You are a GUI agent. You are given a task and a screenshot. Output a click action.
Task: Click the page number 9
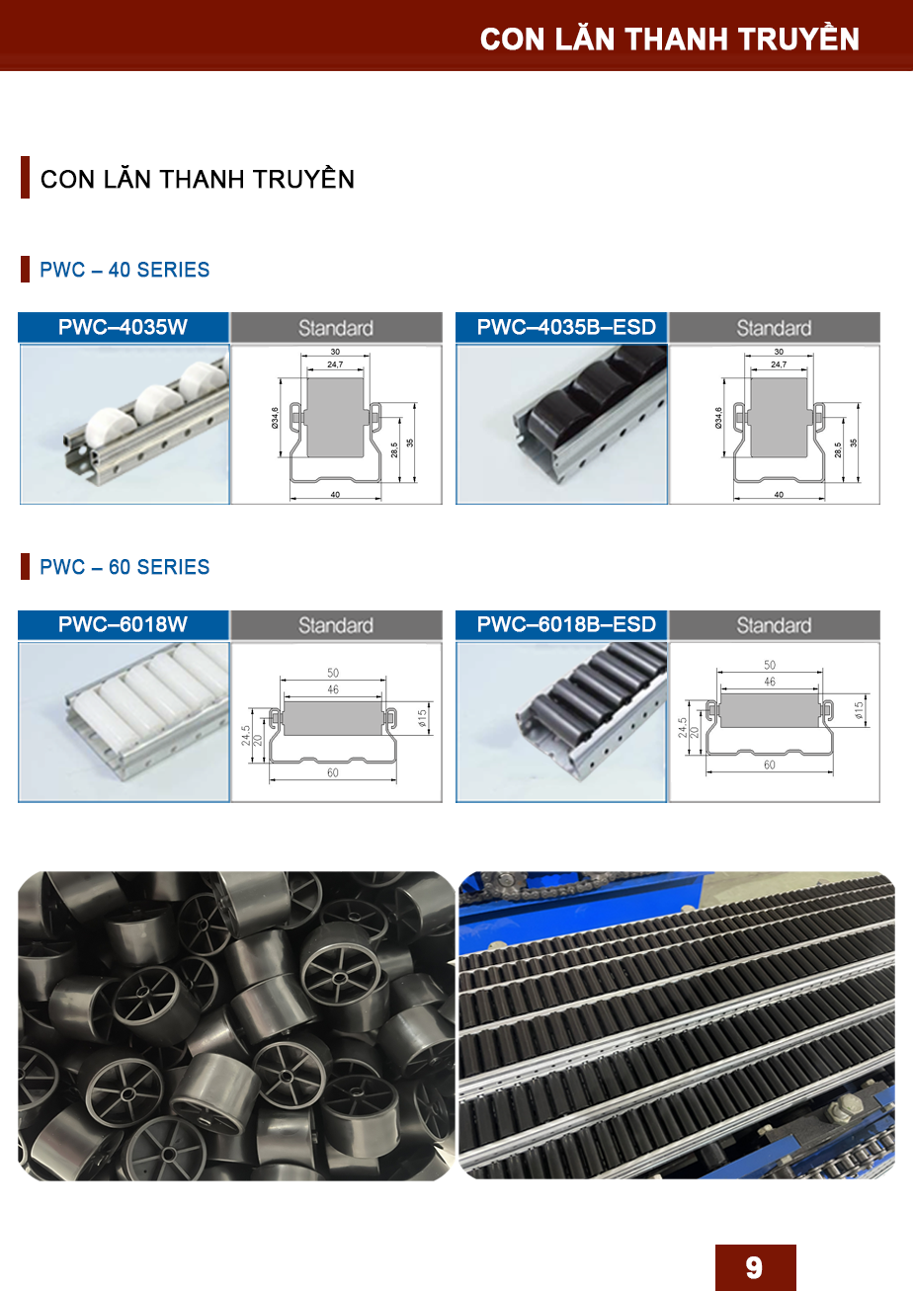(x=754, y=1267)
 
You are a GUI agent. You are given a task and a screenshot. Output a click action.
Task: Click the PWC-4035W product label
(x=123, y=327)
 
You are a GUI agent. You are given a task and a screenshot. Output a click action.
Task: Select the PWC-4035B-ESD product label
(x=566, y=327)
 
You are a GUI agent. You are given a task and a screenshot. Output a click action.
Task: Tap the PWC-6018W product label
(x=123, y=624)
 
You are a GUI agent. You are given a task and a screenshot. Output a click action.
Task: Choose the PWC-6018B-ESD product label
(x=566, y=624)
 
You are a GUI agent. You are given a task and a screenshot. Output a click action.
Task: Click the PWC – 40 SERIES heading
(x=124, y=270)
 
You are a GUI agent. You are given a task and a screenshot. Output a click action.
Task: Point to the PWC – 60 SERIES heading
(x=124, y=567)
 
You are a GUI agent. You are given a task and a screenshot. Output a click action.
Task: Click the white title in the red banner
(x=670, y=39)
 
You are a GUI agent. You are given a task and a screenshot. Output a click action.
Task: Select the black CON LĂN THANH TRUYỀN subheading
(x=198, y=179)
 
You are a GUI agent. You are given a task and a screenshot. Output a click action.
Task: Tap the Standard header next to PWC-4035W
(x=336, y=329)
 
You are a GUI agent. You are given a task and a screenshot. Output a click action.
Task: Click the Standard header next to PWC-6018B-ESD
(x=774, y=626)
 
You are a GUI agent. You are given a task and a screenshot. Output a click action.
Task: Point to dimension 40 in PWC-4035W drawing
(x=336, y=495)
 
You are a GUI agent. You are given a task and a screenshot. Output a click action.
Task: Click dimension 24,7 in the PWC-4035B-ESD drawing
(x=779, y=364)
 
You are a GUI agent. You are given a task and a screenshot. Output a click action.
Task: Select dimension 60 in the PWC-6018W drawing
(x=333, y=772)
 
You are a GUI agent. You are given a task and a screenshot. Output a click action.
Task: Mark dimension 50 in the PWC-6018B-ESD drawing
(x=770, y=665)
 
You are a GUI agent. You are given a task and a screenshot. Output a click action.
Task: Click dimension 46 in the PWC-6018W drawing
(x=333, y=689)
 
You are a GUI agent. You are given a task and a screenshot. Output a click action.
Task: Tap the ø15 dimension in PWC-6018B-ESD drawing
(x=859, y=710)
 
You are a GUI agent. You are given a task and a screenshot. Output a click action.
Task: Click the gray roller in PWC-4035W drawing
(x=335, y=418)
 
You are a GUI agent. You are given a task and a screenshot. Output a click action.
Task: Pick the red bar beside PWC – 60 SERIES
(x=25, y=567)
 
